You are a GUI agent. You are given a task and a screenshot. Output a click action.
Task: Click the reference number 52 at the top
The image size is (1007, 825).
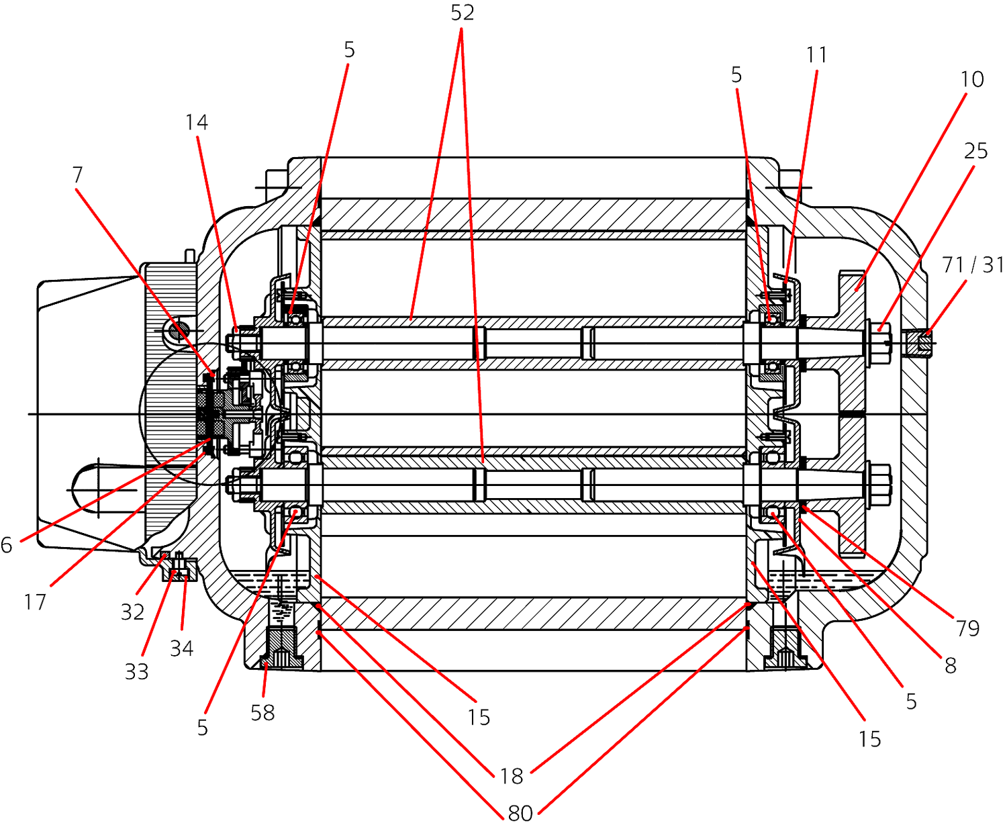click(462, 13)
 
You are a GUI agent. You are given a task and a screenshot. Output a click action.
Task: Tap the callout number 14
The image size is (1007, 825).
click(196, 123)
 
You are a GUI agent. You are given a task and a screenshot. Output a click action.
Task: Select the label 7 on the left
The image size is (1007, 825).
click(78, 175)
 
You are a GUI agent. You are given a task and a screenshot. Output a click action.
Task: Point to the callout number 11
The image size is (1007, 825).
click(816, 56)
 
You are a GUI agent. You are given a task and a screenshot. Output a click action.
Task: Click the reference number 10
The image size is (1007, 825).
click(972, 79)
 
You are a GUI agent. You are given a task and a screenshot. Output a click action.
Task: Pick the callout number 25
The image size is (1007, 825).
click(975, 151)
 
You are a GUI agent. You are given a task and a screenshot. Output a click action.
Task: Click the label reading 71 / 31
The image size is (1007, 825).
click(973, 265)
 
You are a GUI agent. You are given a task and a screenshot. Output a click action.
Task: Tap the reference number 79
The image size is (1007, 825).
click(967, 628)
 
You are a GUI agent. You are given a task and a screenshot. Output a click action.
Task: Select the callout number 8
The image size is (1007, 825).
click(950, 666)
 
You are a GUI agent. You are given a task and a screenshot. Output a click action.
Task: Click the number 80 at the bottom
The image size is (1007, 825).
click(520, 813)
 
